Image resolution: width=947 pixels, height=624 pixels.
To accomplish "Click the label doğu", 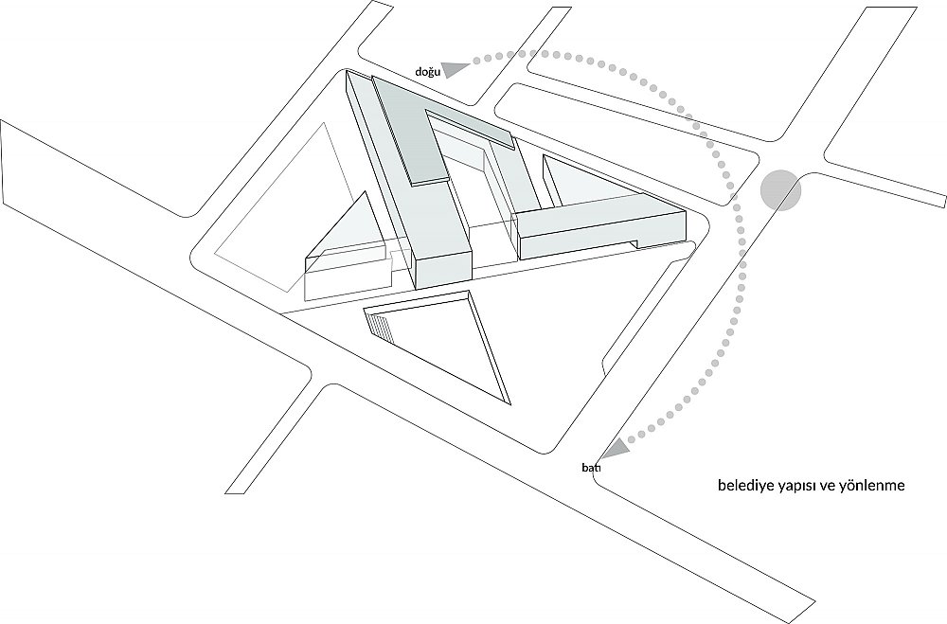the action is (427, 72).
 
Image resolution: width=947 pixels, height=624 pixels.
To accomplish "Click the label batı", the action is (591, 468).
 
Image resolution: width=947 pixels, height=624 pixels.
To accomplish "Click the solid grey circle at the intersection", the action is (780, 190).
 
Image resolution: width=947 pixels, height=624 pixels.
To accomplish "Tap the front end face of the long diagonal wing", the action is (444, 271).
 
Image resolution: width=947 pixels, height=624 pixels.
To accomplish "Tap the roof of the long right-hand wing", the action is (597, 214).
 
